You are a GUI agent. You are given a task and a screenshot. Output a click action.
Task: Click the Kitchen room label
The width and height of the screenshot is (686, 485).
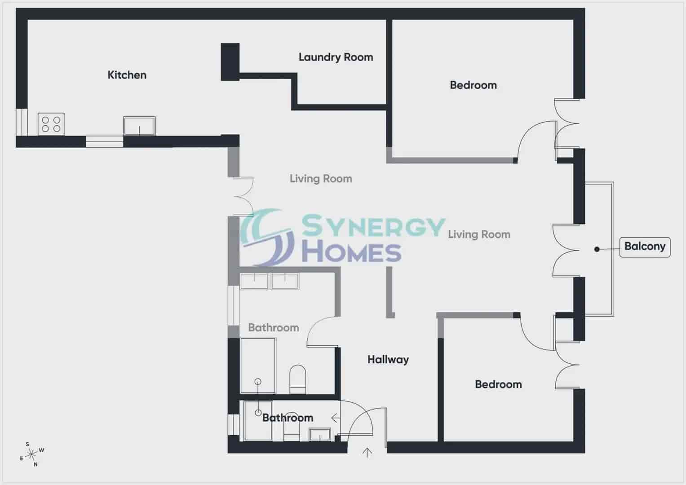pos(127,75)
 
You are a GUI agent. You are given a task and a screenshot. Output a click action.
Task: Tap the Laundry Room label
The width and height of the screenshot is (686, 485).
pos(336,57)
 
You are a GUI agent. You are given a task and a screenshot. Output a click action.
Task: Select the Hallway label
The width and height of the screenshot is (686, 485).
pos(388,359)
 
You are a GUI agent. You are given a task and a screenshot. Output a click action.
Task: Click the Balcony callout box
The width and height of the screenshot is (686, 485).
pos(645,247)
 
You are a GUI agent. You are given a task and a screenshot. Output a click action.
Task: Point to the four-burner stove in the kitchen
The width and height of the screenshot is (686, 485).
pos(51,124)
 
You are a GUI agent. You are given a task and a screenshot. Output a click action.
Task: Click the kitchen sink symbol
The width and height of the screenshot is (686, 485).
pos(139,126)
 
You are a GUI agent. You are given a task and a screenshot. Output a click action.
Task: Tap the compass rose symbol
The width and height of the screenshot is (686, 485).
pos(31,454)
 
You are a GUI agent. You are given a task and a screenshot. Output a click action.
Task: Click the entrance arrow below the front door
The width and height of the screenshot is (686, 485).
pos(367,453)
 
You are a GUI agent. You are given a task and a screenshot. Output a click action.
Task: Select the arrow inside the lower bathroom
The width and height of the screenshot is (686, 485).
pos(336,418)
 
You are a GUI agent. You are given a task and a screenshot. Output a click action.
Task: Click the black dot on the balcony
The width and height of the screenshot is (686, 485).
pos(597,249)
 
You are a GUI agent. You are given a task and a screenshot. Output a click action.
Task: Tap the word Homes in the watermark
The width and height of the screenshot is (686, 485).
pos(352,253)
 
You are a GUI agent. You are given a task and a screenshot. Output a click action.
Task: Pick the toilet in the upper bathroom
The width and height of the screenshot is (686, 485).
pos(297,379)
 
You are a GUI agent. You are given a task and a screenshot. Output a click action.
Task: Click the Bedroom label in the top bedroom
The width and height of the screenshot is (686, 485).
pos(473,85)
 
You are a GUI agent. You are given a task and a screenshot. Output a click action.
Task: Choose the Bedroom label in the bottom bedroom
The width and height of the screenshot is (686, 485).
pos(498,384)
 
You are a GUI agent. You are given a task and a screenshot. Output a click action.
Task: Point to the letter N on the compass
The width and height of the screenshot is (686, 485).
pos(35,464)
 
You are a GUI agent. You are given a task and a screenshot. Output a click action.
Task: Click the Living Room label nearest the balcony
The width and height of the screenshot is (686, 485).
pos(479,234)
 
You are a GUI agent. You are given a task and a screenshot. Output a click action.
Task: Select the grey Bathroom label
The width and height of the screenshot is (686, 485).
pos(274,328)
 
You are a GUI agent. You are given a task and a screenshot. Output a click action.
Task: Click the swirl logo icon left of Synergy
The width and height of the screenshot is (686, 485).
pos(267,237)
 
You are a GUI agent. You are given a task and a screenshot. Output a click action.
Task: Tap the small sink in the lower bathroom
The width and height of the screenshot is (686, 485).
pos(320,435)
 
